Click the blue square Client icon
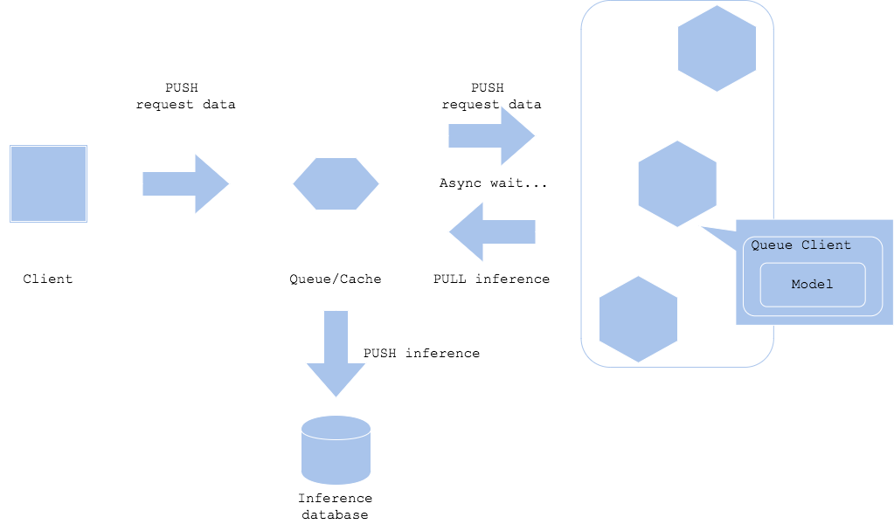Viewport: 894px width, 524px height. coord(48,183)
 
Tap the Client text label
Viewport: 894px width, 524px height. coord(48,279)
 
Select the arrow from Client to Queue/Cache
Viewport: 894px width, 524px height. coord(185,183)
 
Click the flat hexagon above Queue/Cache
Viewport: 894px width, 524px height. coord(336,183)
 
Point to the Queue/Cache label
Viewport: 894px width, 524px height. coord(336,279)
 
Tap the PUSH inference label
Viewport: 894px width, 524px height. coord(421,354)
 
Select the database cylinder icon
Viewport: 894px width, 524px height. coord(336,450)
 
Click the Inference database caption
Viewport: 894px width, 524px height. coord(336,507)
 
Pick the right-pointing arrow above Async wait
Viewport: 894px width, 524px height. coord(491,136)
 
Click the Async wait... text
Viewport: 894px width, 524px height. coord(493,183)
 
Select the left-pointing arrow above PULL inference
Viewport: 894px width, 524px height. coord(491,231)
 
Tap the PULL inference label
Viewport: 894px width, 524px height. coord(492,279)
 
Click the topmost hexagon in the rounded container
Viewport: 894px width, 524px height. coord(717,48)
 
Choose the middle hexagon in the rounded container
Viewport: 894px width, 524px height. coord(677,183)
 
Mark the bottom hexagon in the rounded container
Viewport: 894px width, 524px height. coord(638,319)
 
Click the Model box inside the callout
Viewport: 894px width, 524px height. coord(812,285)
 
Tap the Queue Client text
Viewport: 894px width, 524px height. coord(800,245)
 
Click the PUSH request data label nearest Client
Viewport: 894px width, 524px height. coord(185,96)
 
